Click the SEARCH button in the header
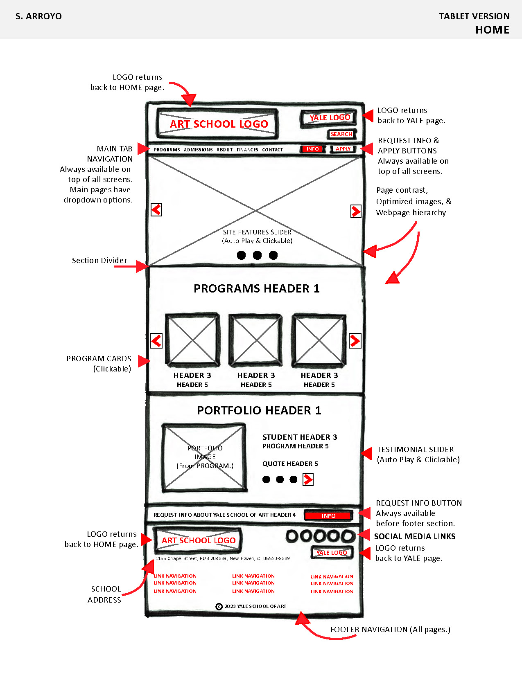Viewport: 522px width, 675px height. pos(341,134)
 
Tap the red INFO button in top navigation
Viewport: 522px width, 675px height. pos(312,149)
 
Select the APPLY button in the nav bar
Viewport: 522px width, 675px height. pos(343,149)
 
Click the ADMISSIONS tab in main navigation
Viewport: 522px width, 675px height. pos(198,150)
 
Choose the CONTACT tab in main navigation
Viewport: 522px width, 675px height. pos(273,150)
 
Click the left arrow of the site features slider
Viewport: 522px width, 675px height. pos(156,210)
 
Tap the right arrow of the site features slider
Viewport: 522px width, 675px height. pos(356,211)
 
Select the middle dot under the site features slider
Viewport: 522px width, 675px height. pos(257,255)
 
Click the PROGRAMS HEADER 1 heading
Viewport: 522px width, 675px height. pos(256,288)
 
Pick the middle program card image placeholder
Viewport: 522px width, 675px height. pos(255,340)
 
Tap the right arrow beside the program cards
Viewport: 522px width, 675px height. pos(355,341)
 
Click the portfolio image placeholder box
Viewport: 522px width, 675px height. pos(205,457)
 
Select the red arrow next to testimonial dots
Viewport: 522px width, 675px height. pos(308,479)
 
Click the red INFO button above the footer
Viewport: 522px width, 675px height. pos(328,516)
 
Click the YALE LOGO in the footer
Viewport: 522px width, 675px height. pos(332,553)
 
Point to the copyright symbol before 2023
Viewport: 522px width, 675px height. pos(219,607)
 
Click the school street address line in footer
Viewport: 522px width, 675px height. pos(222,558)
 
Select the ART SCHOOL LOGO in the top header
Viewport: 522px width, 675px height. pos(218,124)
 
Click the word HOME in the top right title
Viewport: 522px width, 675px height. pos(492,30)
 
